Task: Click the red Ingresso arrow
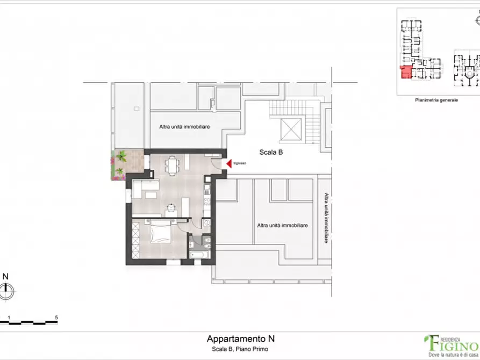pyautogui.click(x=228, y=163)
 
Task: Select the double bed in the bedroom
pyautogui.click(x=162, y=234)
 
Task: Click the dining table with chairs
pyautogui.click(x=172, y=165)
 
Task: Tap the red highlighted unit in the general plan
pyautogui.click(x=406, y=73)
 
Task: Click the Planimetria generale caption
pyautogui.click(x=436, y=100)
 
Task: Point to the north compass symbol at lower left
pyautogui.click(x=6, y=292)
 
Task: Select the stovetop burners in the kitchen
pyautogui.click(x=207, y=189)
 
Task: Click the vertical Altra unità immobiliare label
pyautogui.click(x=326, y=218)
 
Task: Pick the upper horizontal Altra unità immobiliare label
pyautogui.click(x=184, y=127)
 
